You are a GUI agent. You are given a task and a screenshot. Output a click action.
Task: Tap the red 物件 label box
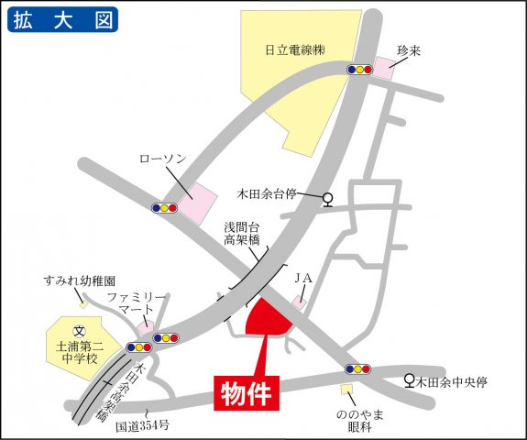tap(247, 391)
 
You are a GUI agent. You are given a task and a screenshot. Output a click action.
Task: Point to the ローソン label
tap(162, 159)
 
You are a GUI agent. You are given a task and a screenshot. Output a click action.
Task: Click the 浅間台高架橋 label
tap(242, 233)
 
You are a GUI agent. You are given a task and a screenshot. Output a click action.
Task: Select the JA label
tap(303, 277)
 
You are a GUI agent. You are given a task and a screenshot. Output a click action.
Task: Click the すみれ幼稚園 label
tap(83, 280)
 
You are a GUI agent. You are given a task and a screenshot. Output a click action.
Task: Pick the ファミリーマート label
tap(137, 305)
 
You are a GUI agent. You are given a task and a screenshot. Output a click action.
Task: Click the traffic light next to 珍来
tap(359, 69)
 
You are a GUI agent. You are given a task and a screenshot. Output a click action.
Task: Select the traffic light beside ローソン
tap(165, 208)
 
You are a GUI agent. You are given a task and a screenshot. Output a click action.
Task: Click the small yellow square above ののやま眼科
tap(346, 390)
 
